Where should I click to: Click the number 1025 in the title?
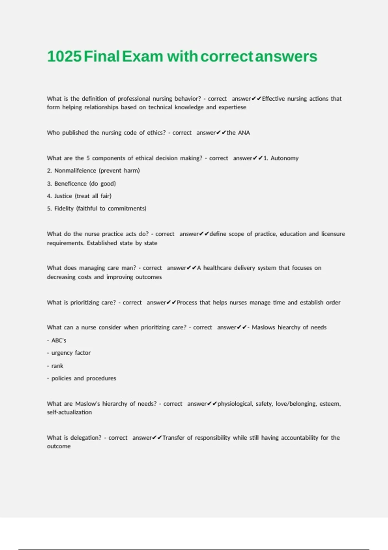point(64,56)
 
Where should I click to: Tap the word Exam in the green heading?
point(143,56)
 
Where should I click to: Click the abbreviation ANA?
point(244,133)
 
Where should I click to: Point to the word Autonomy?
point(285,158)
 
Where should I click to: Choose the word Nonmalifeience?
point(75,170)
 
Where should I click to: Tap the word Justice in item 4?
point(63,196)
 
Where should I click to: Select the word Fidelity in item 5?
point(64,208)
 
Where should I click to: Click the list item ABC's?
point(59,340)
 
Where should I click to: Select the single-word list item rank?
point(57,366)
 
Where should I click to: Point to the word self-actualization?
point(69,412)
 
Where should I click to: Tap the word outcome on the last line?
point(59,446)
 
